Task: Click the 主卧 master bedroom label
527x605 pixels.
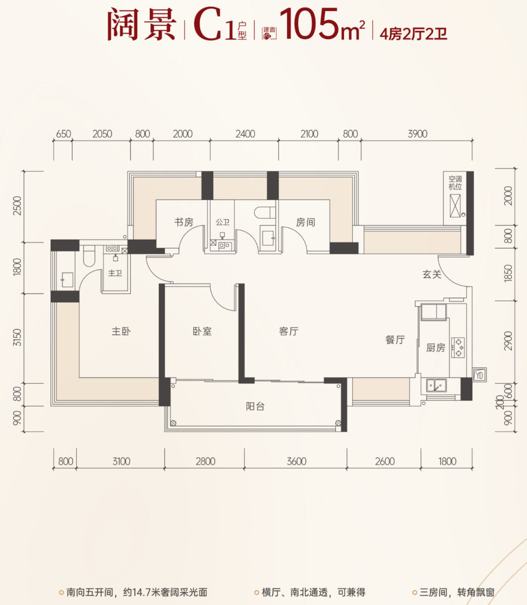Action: (121, 331)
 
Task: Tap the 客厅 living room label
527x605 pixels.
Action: (288, 331)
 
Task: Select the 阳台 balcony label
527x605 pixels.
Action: (255, 406)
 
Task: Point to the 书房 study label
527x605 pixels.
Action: (183, 222)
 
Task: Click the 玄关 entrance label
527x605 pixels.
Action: (432, 274)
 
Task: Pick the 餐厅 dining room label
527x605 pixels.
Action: (395, 340)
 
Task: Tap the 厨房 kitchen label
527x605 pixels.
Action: (435, 348)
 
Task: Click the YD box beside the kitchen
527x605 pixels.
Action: (479, 375)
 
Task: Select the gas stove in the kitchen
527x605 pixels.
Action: (458, 348)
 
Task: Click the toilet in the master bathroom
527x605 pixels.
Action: (89, 256)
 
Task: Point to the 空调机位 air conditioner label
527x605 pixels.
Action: (455, 183)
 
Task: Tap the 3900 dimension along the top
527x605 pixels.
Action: (417, 134)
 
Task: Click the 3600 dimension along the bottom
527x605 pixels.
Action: (296, 461)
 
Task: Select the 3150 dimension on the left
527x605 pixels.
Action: (18, 338)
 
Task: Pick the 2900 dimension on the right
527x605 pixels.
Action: (508, 341)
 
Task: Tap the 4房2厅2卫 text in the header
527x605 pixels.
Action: (413, 34)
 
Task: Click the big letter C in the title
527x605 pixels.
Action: (207, 24)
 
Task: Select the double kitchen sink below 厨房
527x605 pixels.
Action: (436, 385)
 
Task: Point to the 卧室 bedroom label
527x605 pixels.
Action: (202, 331)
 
